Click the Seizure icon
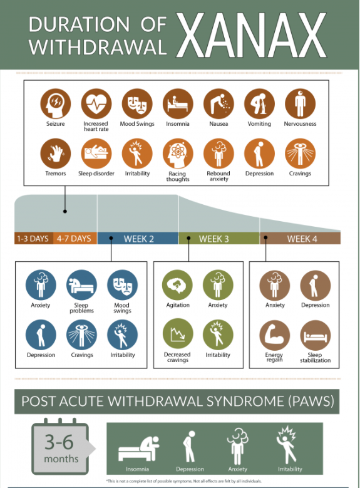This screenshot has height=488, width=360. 55,103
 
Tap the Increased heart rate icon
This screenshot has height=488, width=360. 96,103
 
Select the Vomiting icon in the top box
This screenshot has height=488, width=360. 259,103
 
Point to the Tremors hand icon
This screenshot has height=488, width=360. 55,153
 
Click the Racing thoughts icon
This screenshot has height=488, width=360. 178,153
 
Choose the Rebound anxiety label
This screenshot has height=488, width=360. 219,176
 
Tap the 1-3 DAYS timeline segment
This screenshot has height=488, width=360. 34,239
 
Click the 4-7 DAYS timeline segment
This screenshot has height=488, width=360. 75,239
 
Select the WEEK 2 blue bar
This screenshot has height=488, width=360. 138,239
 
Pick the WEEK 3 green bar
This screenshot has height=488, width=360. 219,239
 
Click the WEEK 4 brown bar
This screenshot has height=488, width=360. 301,239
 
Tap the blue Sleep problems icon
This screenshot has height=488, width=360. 81,285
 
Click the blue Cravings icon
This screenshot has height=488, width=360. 81,335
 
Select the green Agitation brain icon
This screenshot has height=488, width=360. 177,285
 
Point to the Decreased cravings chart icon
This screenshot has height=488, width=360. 177,334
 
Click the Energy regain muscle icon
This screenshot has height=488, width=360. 274,336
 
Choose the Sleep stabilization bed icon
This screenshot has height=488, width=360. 315,336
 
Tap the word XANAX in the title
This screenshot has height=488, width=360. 252,35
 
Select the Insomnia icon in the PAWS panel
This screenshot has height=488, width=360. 139,449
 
